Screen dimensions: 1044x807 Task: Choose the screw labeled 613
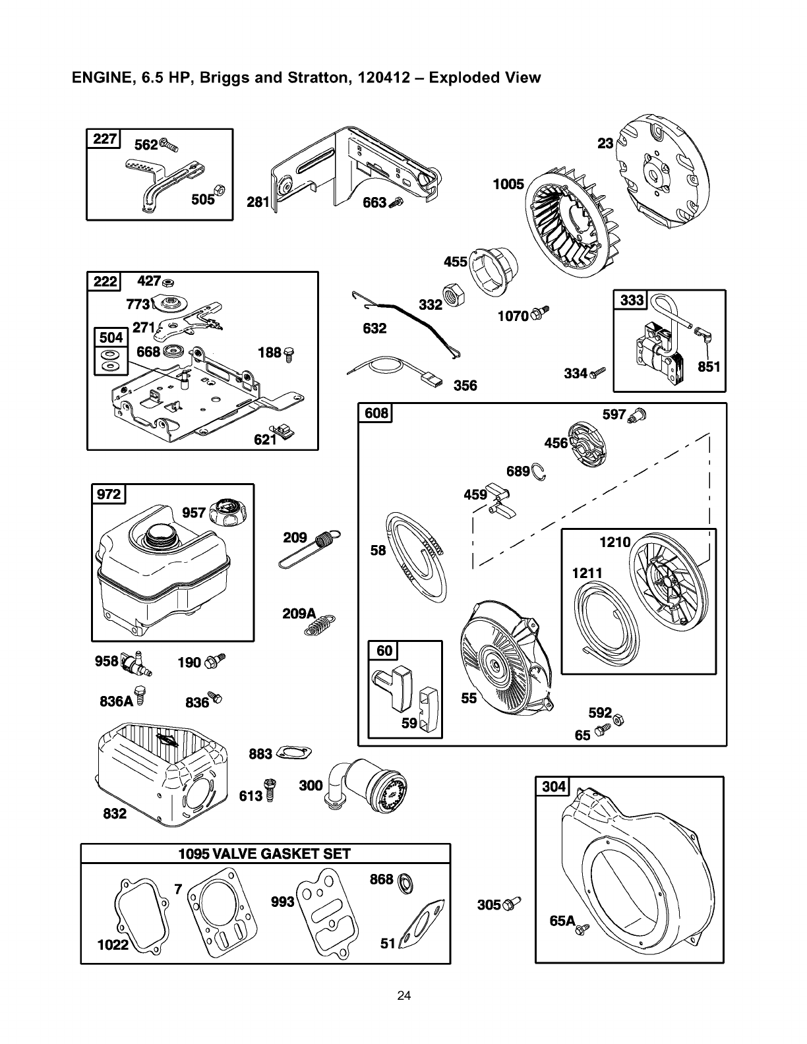pyautogui.click(x=270, y=790)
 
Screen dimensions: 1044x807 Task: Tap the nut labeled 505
pyautogui.click(x=221, y=190)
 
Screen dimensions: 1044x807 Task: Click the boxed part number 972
pyautogui.click(x=109, y=494)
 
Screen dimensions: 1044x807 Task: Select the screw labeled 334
pyautogui.click(x=599, y=373)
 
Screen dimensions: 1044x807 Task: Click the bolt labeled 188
pyautogui.click(x=288, y=355)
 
